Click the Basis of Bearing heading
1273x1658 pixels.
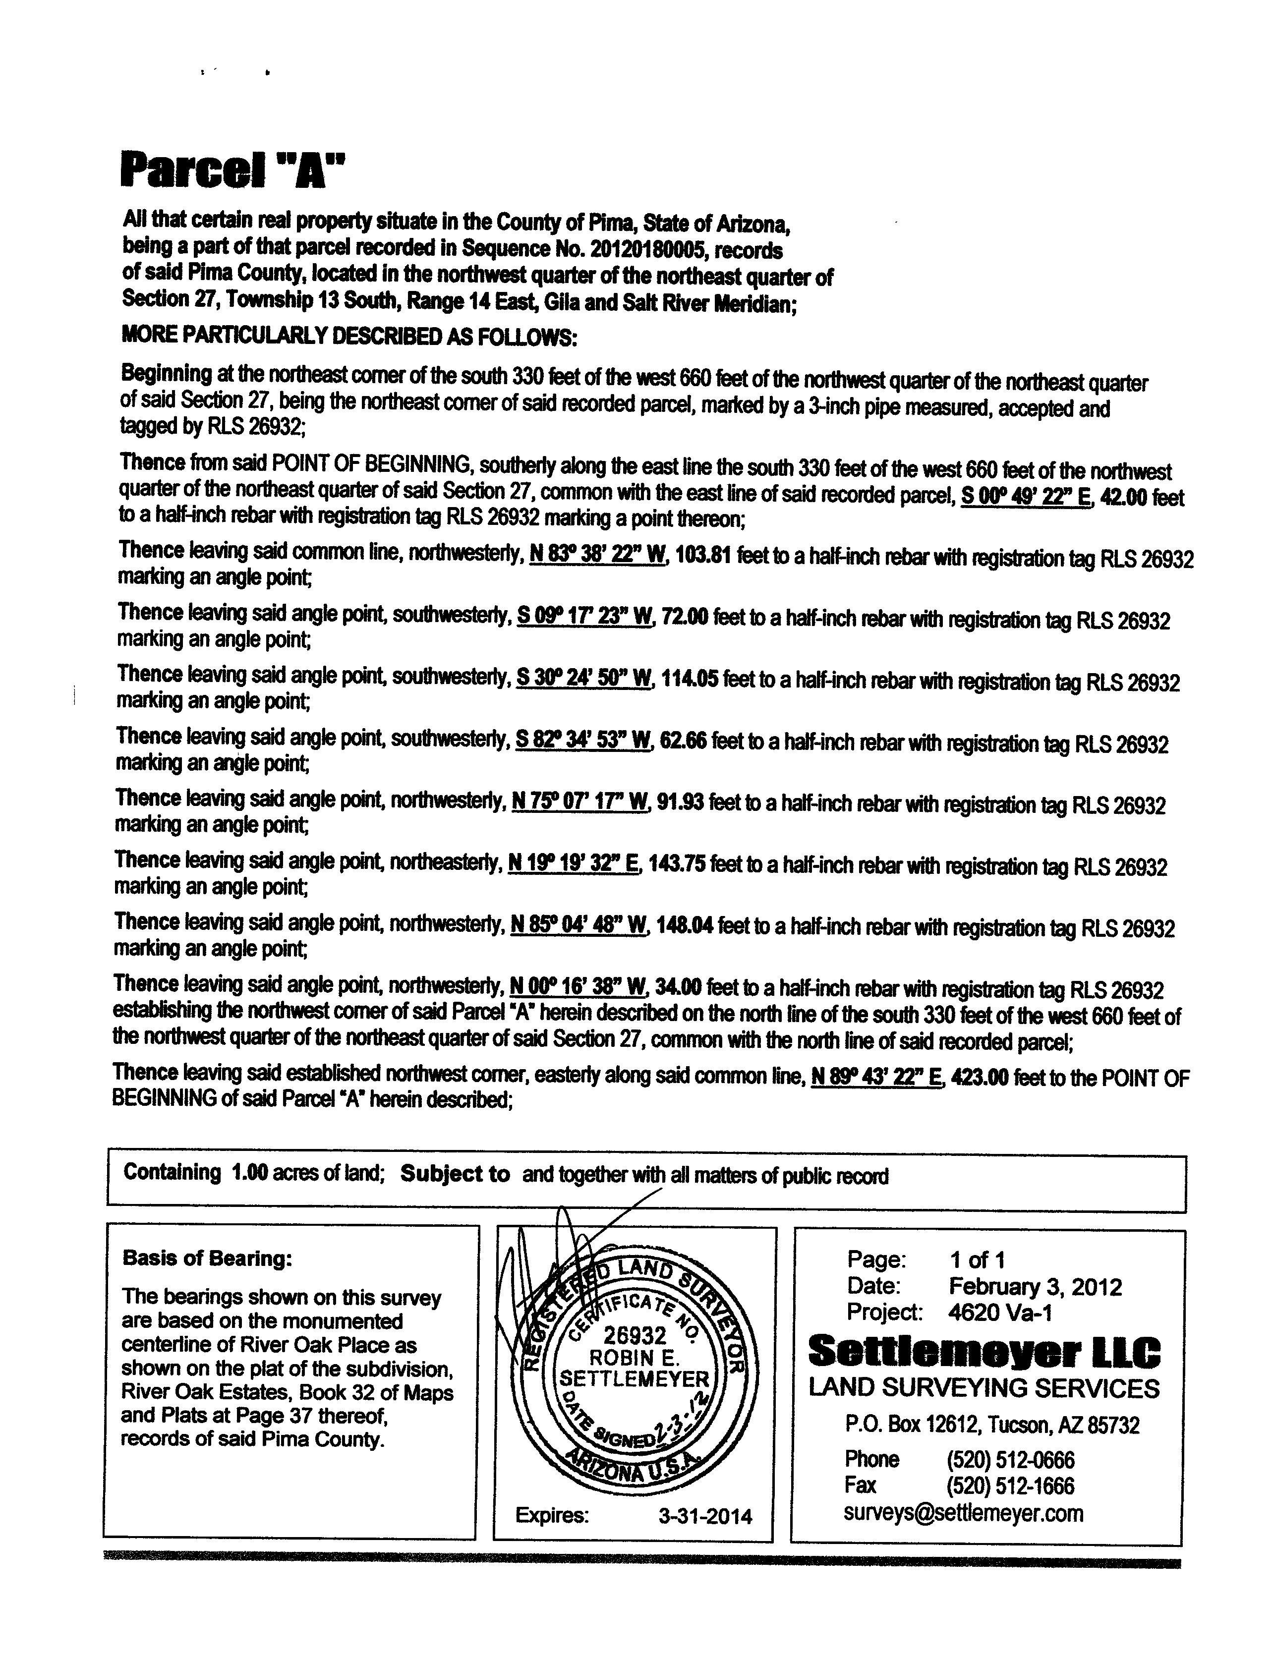pyautogui.click(x=207, y=1258)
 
